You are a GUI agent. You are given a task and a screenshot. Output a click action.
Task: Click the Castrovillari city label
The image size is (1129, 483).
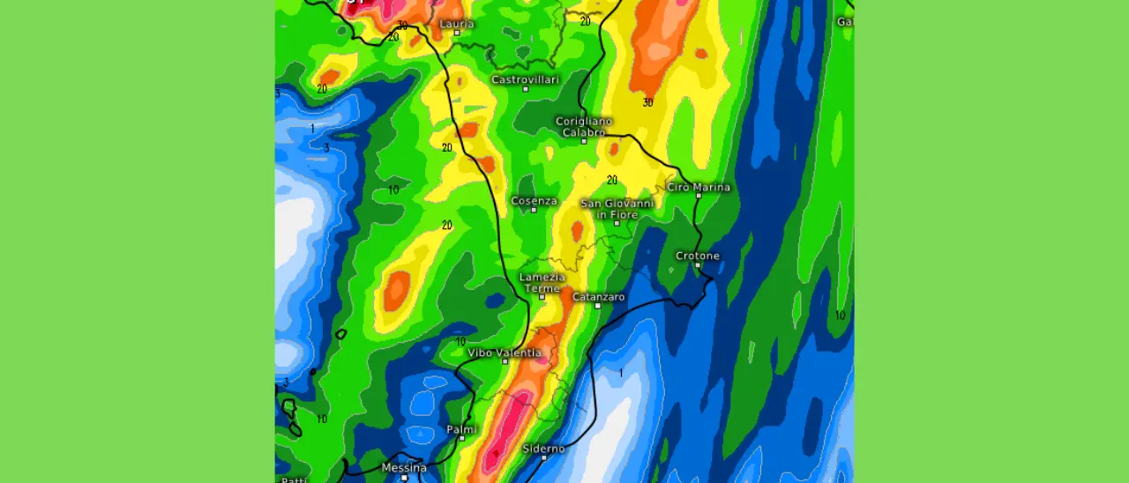click(x=526, y=79)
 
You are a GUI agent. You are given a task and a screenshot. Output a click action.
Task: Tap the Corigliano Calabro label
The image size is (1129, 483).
click(x=584, y=127)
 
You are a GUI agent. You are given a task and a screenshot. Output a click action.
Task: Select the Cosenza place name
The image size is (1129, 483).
click(x=535, y=201)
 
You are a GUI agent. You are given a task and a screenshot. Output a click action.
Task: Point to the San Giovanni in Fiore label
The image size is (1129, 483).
click(x=617, y=209)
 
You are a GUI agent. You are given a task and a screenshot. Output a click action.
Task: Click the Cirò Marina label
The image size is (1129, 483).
click(x=699, y=187)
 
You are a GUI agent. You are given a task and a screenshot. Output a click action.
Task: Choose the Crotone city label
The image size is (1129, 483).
click(x=698, y=256)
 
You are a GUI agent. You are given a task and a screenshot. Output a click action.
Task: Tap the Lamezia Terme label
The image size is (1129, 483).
click(x=542, y=283)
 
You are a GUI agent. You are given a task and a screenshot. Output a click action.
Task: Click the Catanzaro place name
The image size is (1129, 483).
click(x=599, y=297)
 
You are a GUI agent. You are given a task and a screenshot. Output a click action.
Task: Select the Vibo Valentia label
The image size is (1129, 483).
click(x=505, y=353)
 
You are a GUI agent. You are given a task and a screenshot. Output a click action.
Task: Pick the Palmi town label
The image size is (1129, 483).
click(x=461, y=429)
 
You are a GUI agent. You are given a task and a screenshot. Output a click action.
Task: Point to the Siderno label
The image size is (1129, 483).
click(x=543, y=449)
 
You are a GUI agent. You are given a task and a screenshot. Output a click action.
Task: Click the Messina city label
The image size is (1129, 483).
click(x=404, y=467)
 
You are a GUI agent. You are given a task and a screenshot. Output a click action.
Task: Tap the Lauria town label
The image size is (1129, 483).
click(x=457, y=23)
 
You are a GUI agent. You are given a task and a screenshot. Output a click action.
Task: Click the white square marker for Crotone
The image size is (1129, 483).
click(x=698, y=265)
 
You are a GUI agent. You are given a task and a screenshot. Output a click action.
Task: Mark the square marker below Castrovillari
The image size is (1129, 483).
click(x=526, y=89)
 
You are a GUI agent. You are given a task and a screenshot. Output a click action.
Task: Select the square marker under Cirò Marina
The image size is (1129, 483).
click(x=698, y=197)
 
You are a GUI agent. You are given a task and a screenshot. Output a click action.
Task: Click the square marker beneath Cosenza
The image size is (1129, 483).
click(x=535, y=211)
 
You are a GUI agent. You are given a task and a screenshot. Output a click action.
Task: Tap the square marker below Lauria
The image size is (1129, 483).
click(x=457, y=33)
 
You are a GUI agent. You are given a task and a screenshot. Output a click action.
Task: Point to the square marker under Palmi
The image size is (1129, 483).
click(x=460, y=439)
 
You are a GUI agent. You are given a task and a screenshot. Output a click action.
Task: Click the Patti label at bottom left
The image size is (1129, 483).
click(x=294, y=479)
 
